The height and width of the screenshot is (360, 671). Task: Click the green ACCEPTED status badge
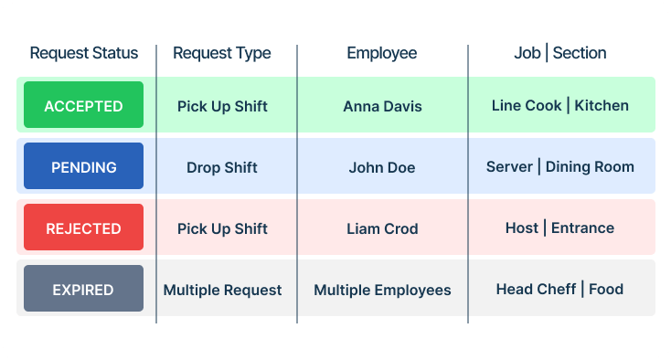pos(83,105)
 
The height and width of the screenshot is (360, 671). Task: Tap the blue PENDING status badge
pos(83,166)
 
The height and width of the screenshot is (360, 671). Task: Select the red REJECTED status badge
pos(83,227)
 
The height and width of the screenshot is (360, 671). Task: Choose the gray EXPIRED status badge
pos(83,288)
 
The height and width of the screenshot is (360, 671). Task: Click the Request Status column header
pos(84,53)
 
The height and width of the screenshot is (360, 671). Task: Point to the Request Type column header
pos(221,54)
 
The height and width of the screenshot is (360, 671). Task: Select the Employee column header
pos(382,54)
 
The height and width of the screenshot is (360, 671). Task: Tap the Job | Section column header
pos(560,53)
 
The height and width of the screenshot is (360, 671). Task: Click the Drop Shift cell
pos(221,167)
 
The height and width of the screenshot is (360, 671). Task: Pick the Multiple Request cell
pos(222,290)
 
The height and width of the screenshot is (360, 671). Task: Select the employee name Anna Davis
pos(382,107)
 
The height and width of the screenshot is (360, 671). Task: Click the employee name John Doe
pos(382,167)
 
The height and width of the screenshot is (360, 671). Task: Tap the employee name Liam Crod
pos(382,228)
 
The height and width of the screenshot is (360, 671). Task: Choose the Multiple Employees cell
pos(382,291)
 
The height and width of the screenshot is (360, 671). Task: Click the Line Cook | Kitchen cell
pos(560,106)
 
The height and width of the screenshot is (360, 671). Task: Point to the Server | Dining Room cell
pos(560,166)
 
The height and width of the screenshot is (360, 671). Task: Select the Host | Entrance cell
pos(559,228)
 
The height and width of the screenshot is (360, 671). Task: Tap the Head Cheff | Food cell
pos(559,289)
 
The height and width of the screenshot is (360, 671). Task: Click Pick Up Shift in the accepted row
pos(222,107)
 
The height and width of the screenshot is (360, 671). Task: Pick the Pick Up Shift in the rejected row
pos(222,229)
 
